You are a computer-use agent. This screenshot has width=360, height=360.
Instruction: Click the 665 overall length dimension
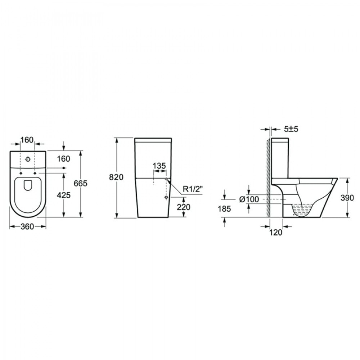(81, 184)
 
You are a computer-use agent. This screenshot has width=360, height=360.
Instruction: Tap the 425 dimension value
(64, 195)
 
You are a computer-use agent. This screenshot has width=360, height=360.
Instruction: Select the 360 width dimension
(27, 226)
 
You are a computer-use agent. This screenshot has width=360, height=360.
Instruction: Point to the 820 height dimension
(116, 177)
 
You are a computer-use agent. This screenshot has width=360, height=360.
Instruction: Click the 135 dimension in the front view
(159, 166)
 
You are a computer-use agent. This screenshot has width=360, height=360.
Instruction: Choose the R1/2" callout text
(193, 189)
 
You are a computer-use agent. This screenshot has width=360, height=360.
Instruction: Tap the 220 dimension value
(184, 207)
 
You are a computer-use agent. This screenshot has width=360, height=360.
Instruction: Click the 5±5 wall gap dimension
(291, 129)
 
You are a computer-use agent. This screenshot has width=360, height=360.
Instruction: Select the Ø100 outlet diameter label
(249, 199)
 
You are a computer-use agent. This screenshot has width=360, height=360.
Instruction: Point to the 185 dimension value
(224, 209)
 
